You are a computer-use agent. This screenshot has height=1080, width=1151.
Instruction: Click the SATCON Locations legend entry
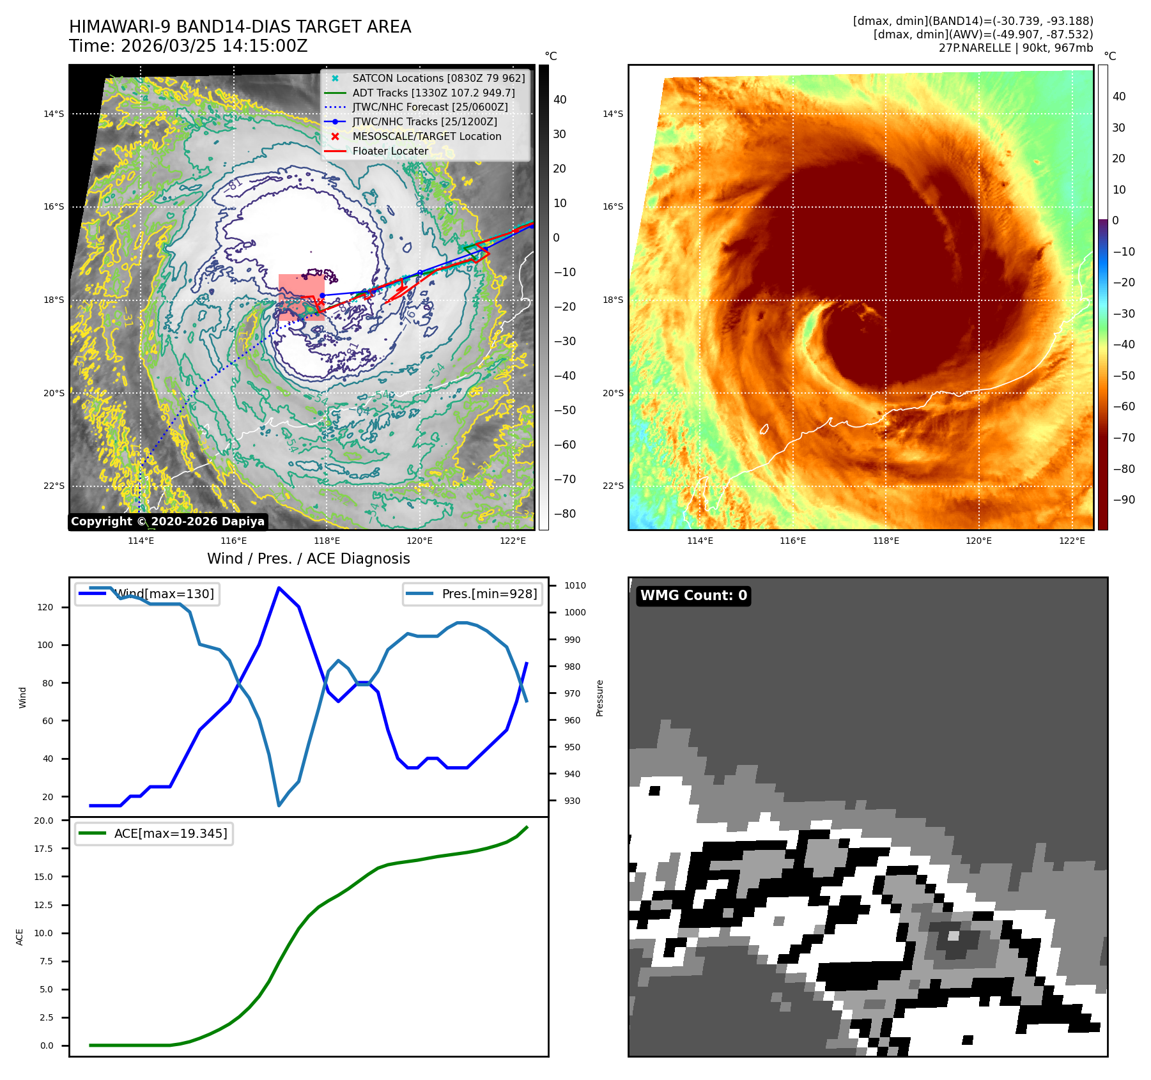coord(438,78)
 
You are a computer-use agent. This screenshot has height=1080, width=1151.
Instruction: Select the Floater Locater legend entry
coord(390,151)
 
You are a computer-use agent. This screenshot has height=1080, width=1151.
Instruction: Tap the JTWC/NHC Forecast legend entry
coord(429,107)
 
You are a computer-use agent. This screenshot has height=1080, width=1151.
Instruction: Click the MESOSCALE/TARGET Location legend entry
coord(426,137)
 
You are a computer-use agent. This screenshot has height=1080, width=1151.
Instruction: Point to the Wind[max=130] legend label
coord(164,594)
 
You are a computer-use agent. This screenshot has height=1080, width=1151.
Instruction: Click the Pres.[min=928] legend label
coord(489,594)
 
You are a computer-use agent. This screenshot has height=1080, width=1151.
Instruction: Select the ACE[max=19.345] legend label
coord(170,833)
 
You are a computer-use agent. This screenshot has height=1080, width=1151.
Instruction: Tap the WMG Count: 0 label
coord(693,596)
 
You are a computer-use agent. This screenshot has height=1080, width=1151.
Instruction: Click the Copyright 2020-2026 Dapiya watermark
coord(167,521)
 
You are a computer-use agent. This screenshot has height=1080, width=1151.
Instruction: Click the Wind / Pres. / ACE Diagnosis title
coord(308,559)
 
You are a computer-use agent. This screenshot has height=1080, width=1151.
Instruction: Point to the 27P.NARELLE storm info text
coord(1016,48)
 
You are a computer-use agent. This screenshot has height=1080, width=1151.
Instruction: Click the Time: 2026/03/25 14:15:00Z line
coord(189,46)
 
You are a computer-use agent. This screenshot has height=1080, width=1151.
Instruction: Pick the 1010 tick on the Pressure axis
coord(575,585)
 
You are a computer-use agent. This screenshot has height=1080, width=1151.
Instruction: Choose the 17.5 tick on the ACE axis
coord(43,849)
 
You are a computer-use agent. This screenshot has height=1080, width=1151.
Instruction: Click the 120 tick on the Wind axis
coord(45,607)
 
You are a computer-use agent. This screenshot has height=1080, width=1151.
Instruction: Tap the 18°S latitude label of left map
coord(54,300)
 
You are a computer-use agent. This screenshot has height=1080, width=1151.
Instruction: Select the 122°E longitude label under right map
coord(1072,541)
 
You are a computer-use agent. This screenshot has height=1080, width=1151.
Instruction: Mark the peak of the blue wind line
coord(279,587)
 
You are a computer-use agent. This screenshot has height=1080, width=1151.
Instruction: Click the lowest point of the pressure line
coord(279,805)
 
